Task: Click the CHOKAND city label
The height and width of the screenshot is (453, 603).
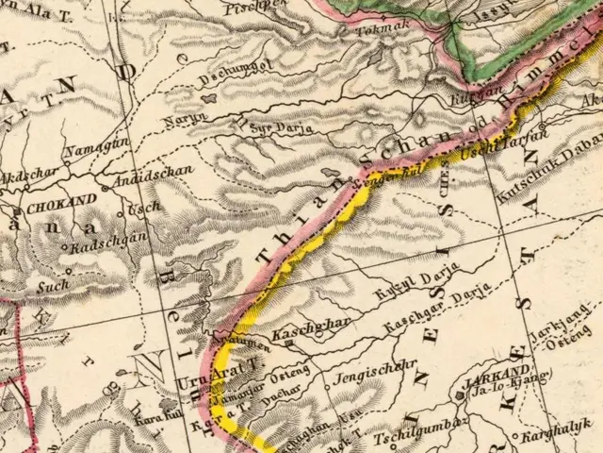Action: [62, 201]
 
